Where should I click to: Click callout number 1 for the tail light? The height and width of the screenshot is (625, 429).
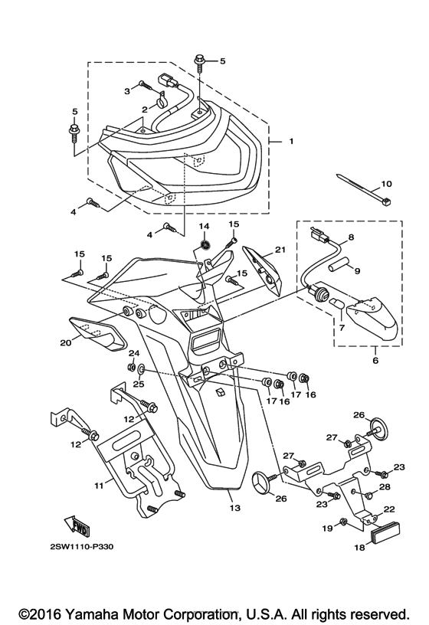coord(291,142)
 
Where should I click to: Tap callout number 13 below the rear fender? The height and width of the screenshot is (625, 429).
coord(235,508)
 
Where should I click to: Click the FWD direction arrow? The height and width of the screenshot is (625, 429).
coord(76,525)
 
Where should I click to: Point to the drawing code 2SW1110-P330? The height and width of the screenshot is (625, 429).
coord(82,546)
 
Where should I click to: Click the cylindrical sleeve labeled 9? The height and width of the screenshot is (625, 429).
coord(338,266)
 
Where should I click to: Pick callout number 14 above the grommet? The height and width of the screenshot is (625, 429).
coord(204,227)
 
